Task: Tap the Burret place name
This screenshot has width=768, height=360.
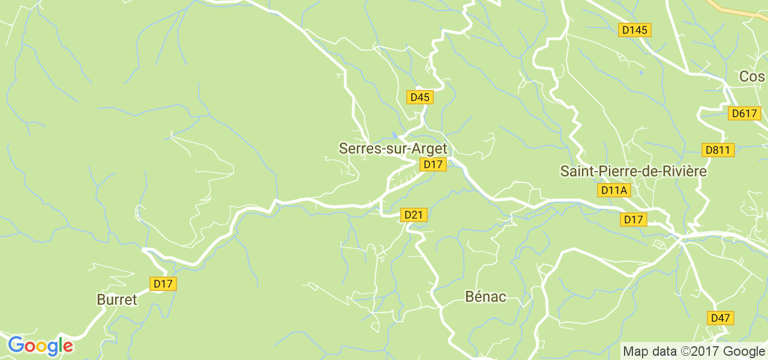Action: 117,299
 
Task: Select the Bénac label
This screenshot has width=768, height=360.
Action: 485,296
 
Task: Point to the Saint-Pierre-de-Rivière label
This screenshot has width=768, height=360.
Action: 633,171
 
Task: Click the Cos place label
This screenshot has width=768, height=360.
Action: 752,77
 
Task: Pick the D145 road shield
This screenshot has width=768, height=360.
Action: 635,29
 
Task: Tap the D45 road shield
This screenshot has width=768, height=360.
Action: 420,97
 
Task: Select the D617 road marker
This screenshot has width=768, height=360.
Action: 745,113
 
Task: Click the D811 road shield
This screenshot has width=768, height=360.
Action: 718,149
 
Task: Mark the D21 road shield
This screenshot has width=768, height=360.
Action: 414,215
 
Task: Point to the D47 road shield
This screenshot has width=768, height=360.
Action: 721,317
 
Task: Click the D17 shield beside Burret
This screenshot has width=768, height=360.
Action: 163,284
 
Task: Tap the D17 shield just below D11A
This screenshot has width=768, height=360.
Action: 634,220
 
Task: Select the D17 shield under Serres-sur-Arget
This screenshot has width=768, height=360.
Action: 433,164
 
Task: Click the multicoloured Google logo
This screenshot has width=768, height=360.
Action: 40,346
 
